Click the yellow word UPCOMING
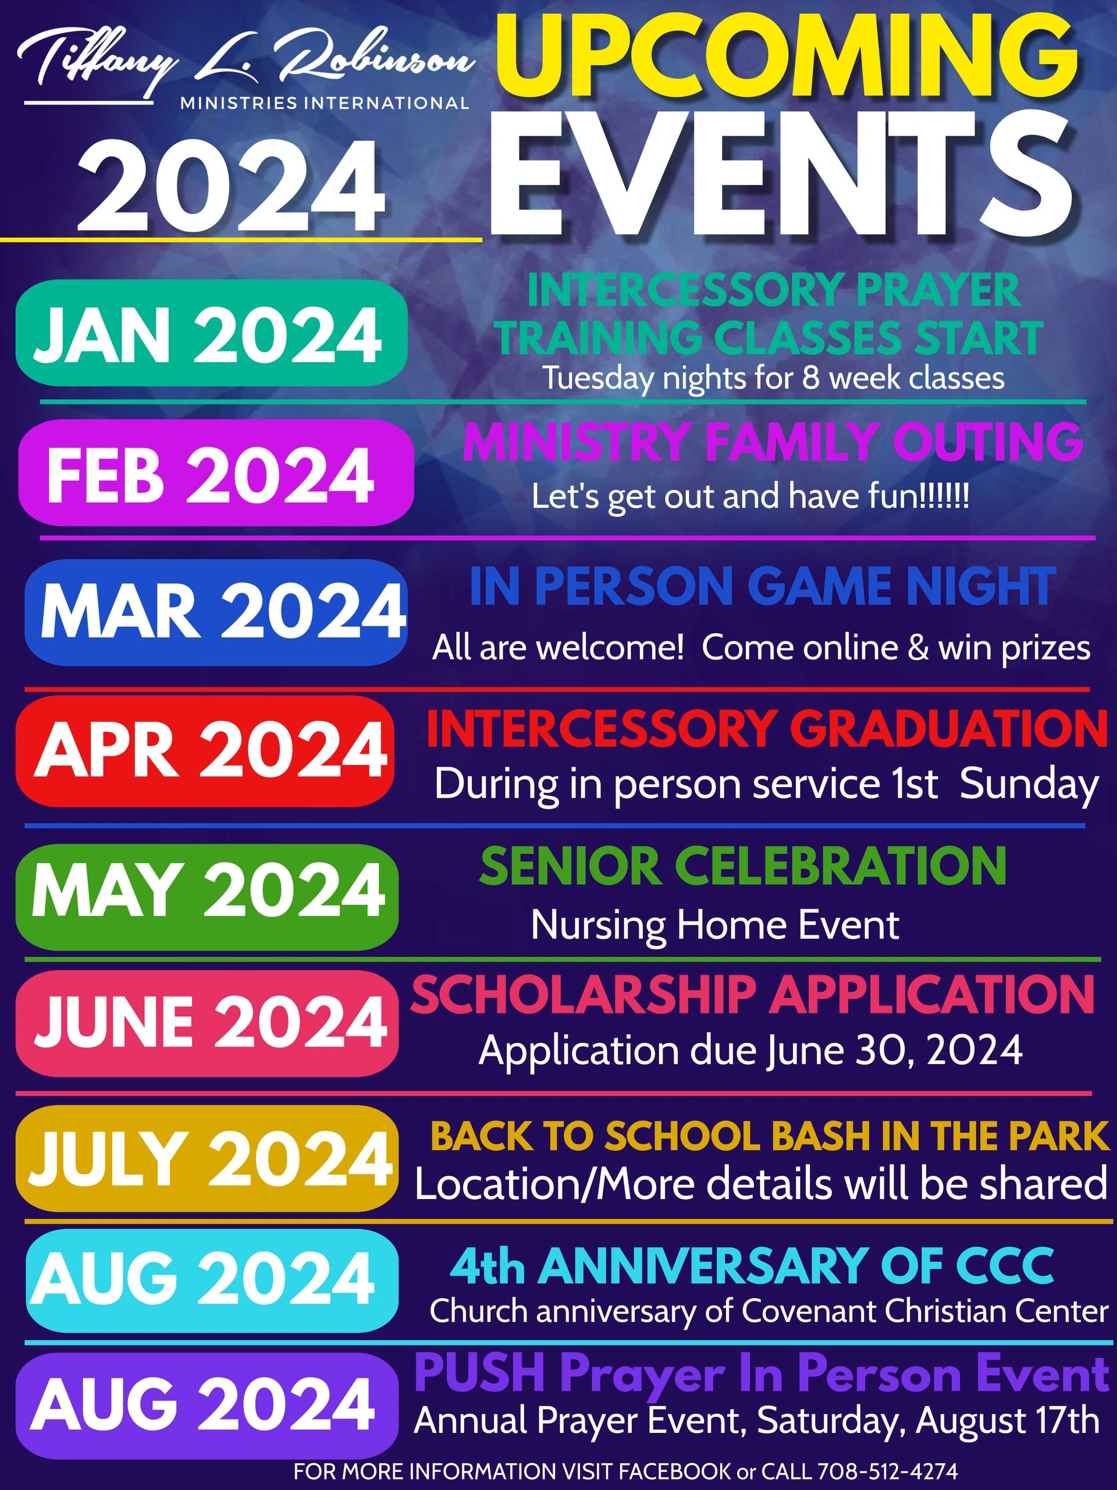coord(787,60)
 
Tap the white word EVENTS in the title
coord(781,174)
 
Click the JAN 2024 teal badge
coord(211,333)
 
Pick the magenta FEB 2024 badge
coord(215,472)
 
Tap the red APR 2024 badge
coord(205,751)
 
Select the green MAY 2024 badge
coord(207,896)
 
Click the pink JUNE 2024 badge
coord(207,1024)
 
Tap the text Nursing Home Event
coord(715,925)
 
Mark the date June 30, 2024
coord(895,1050)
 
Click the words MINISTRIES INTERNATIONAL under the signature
coord(325,103)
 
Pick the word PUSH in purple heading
coord(479,1374)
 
